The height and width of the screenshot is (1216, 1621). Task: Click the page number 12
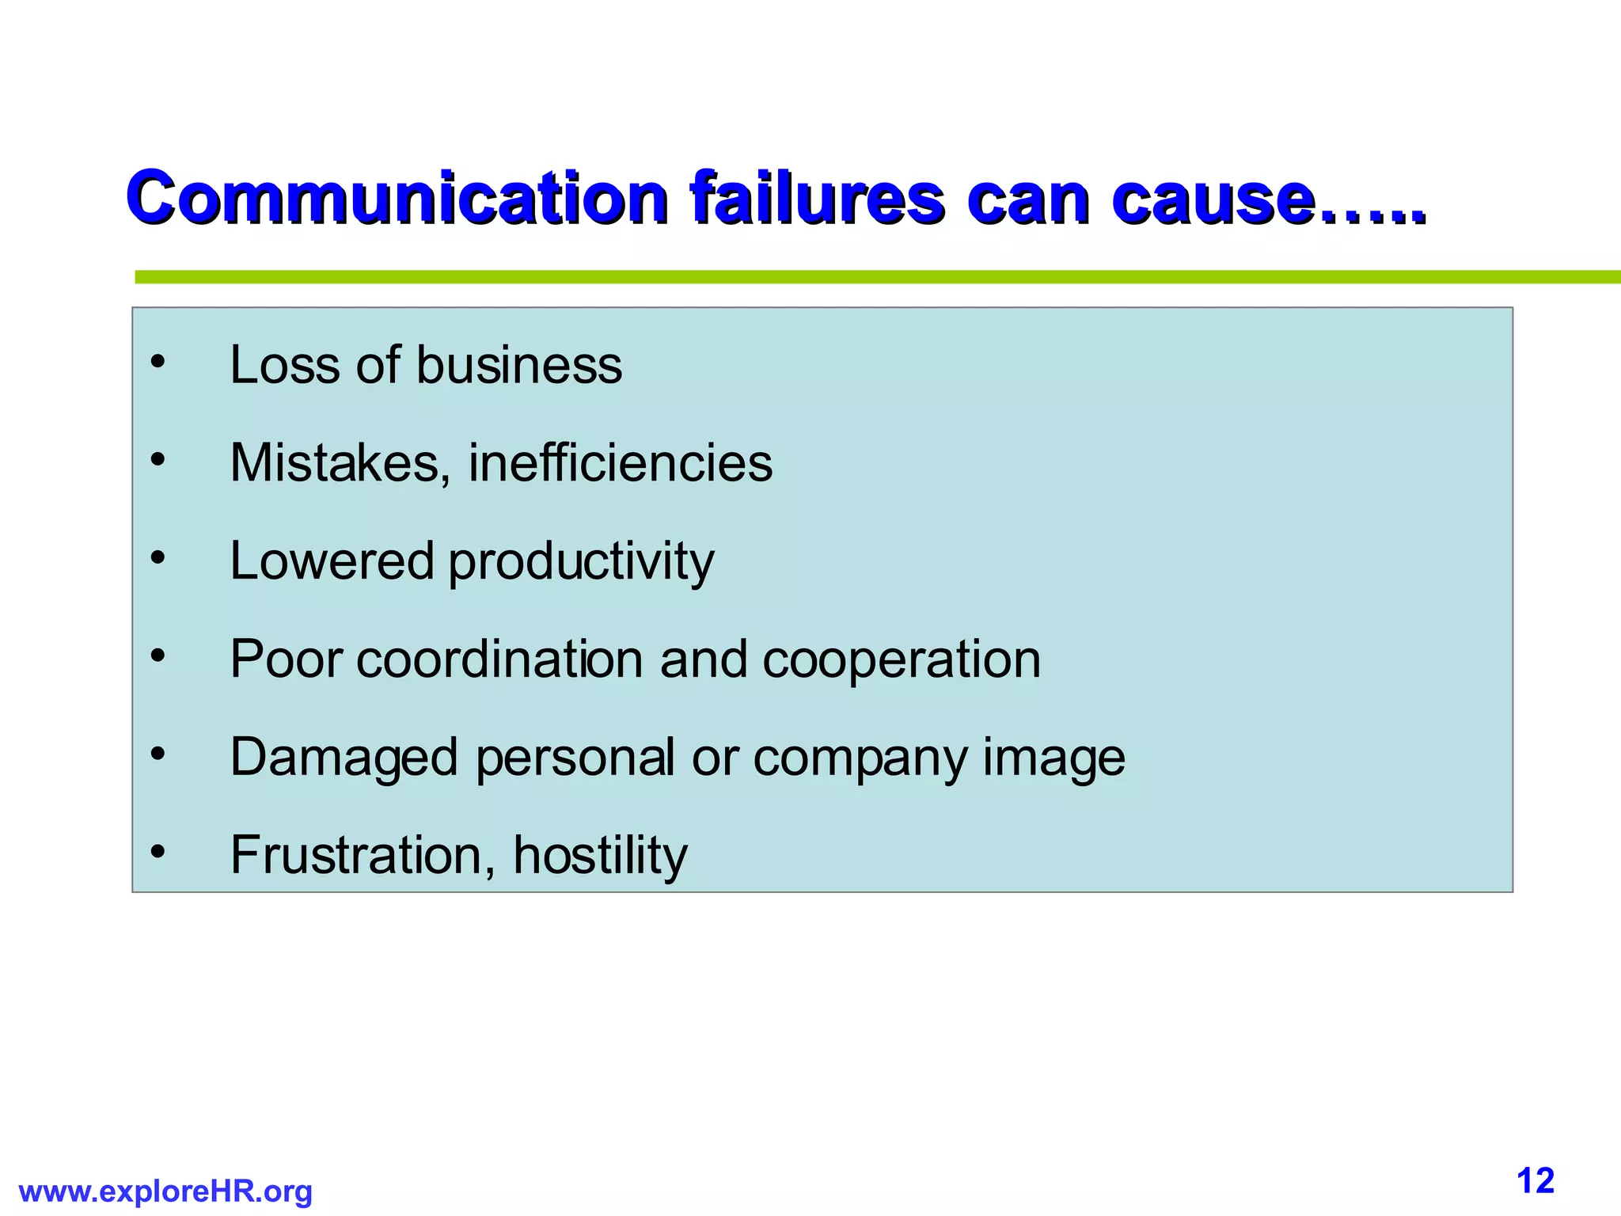[1536, 1181]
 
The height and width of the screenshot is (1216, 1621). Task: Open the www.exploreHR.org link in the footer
[165, 1191]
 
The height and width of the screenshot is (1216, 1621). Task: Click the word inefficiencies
[620, 463]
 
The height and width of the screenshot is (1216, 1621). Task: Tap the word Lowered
[332, 561]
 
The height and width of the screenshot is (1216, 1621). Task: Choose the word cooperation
[902, 659]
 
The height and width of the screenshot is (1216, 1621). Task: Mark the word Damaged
[344, 758]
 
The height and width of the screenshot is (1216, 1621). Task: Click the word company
[860, 758]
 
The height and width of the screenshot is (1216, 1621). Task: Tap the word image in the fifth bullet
[1053, 758]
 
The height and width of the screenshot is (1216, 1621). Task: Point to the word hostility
[600, 855]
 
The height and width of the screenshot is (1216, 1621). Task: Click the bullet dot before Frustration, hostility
[158, 852]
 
